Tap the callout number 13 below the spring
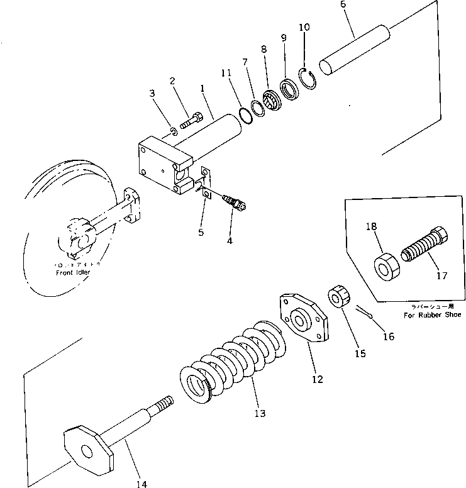tap(260, 413)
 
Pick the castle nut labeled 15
tap(337, 295)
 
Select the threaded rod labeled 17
tap(424, 248)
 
